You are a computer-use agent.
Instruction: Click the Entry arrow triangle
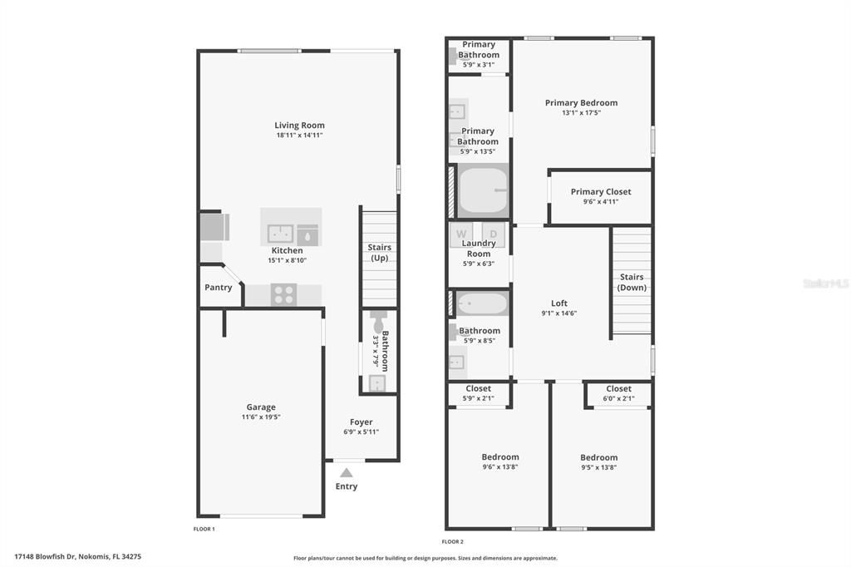click(x=346, y=472)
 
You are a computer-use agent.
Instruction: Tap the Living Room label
click(x=299, y=126)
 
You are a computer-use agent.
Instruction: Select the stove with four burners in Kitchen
click(x=283, y=293)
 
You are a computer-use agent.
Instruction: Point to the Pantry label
click(x=219, y=288)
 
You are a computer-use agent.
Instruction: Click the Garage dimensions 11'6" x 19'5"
click(x=261, y=417)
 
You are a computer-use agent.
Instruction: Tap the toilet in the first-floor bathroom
click(x=379, y=322)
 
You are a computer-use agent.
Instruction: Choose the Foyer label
click(x=361, y=422)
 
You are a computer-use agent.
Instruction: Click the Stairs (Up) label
click(x=379, y=252)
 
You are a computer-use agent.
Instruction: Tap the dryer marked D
click(x=493, y=234)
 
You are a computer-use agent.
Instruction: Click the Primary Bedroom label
click(x=581, y=103)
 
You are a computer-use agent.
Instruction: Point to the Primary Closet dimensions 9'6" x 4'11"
click(x=600, y=201)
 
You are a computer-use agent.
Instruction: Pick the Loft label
click(x=559, y=303)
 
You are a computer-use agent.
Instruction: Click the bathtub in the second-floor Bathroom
click(x=481, y=304)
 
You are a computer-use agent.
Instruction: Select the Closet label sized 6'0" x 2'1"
click(x=618, y=388)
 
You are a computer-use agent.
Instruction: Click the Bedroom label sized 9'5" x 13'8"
click(x=598, y=457)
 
